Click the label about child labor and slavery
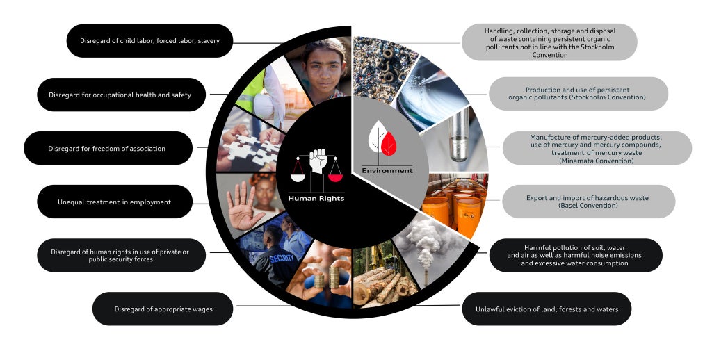pyautogui.click(x=149, y=41)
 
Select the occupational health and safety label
pyautogui.click(x=121, y=95)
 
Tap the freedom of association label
pyautogui.click(x=107, y=148)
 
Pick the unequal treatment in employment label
pyautogui.click(x=114, y=202)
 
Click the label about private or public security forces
pyautogui.click(x=121, y=255)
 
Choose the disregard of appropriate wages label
pyautogui.click(x=163, y=309)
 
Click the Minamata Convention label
pyautogui.click(x=597, y=148)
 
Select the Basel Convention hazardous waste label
pyautogui.click(x=588, y=202)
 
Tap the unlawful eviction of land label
pyautogui.click(x=547, y=309)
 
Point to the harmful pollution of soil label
pyautogui.click(x=576, y=255)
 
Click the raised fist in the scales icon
pyautogui.click(x=318, y=162)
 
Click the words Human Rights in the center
pyautogui.click(x=316, y=198)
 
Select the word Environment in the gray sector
pyautogui.click(x=387, y=170)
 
